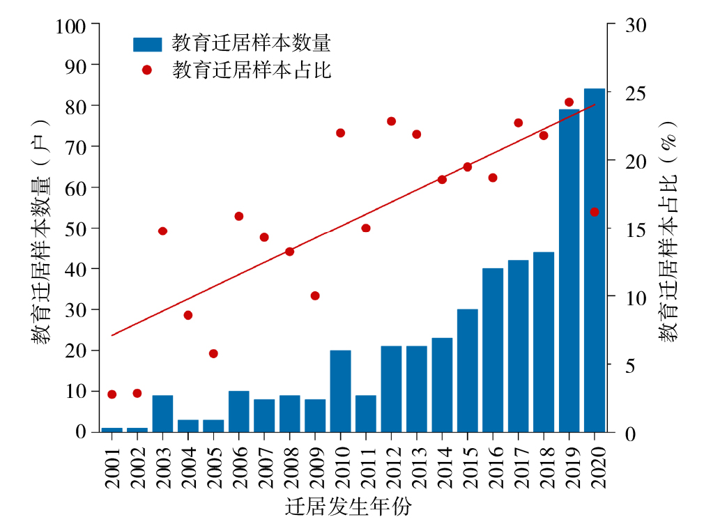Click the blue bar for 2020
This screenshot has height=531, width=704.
tap(595, 260)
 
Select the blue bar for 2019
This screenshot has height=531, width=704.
tap(569, 270)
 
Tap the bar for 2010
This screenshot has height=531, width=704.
tap(340, 391)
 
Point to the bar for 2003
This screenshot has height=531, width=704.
tap(162, 413)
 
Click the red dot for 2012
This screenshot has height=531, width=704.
tap(391, 121)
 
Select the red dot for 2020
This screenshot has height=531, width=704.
tap(595, 212)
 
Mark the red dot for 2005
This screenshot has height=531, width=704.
tap(213, 354)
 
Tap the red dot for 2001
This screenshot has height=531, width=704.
tap(112, 394)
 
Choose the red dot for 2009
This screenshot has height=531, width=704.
tap(315, 296)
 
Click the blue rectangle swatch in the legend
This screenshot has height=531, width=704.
tap(147, 45)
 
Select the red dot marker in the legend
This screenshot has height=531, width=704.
tap(147, 70)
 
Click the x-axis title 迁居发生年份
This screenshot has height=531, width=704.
tap(348, 507)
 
